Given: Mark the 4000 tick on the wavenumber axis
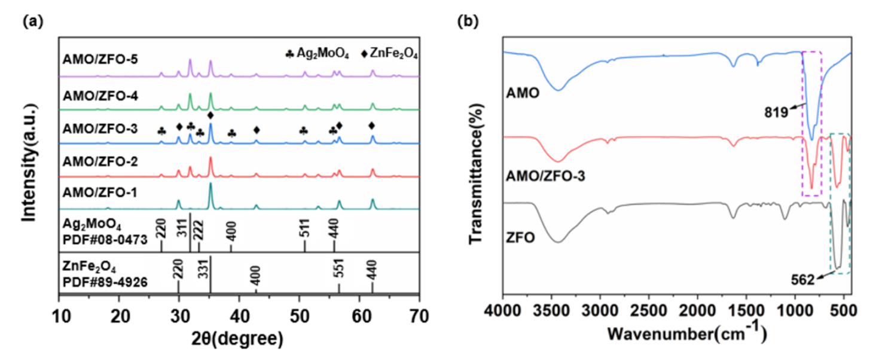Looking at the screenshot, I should (x=503, y=313).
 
